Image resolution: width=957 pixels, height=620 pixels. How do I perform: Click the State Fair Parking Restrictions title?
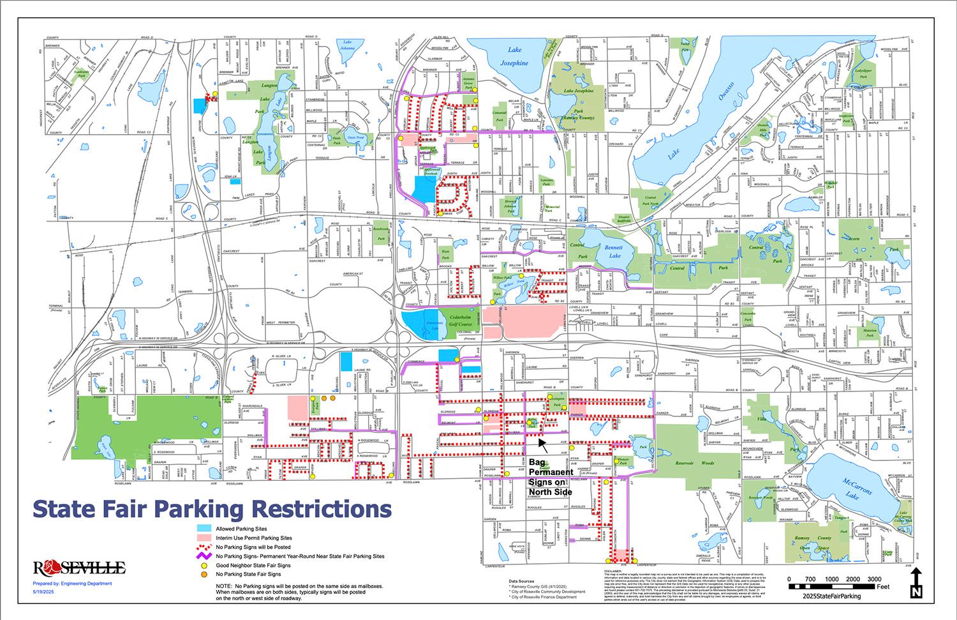[x=211, y=509]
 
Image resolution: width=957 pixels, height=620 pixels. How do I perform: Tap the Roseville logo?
[x=80, y=568]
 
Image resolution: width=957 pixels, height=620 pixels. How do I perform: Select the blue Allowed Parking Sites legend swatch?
[x=204, y=529]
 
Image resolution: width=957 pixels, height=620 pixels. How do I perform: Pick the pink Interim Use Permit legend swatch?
[x=204, y=538]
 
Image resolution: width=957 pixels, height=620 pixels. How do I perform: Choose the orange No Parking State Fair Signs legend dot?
[x=204, y=575]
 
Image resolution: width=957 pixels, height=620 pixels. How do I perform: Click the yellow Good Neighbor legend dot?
[x=204, y=566]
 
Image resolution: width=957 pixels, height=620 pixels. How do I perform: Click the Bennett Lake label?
[x=614, y=251]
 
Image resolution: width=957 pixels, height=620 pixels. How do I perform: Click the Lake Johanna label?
[x=346, y=45]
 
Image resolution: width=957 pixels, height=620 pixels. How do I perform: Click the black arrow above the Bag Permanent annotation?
[x=542, y=441]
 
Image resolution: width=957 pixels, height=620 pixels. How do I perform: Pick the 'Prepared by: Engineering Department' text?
[x=72, y=583]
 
